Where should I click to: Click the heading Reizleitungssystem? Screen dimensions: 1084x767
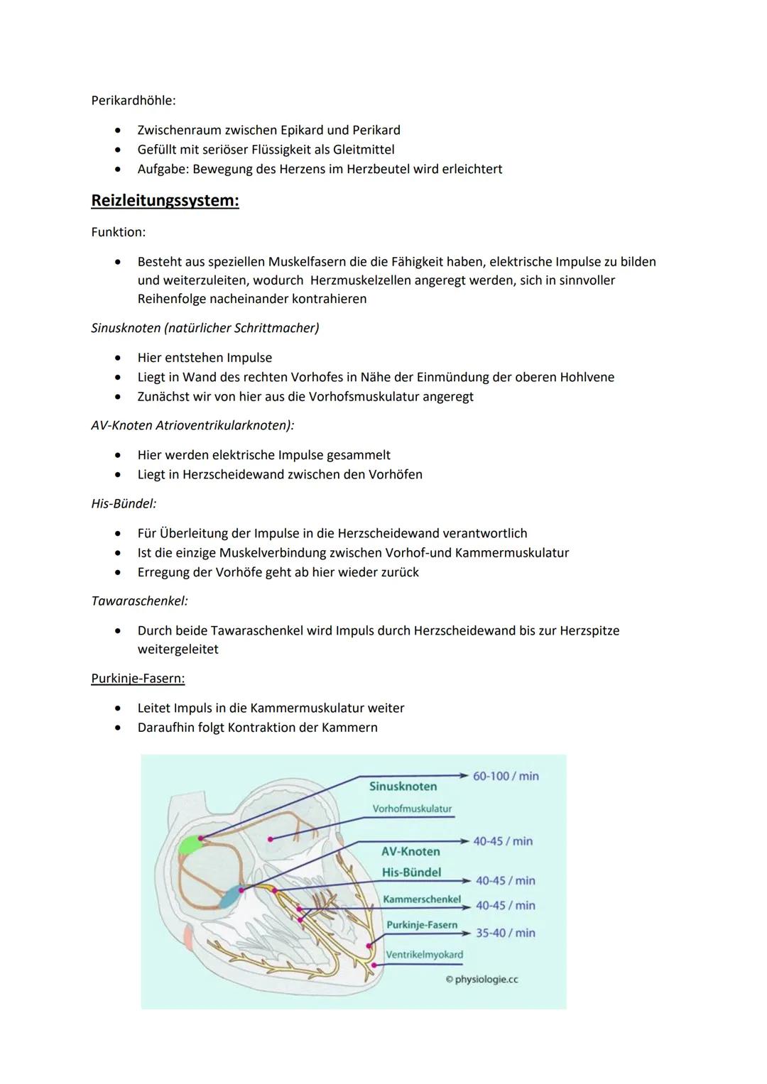(165, 201)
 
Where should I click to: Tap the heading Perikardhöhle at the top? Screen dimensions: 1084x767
(134, 101)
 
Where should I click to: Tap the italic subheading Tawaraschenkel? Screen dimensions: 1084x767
(139, 601)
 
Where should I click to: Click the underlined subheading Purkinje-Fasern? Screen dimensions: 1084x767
(138, 679)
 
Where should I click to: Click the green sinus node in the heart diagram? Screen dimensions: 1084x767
(190, 844)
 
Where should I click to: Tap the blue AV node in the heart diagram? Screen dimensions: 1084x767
(230, 898)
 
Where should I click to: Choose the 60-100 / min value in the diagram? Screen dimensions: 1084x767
(506, 776)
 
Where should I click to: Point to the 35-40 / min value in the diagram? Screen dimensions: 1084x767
(505, 933)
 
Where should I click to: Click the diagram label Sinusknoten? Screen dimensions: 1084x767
(403, 787)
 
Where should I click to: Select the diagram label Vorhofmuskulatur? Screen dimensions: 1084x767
(412, 809)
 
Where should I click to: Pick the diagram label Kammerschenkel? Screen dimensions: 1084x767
(421, 899)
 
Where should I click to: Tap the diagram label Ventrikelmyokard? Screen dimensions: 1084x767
(424, 955)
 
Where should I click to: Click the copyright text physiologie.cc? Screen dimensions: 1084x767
(486, 980)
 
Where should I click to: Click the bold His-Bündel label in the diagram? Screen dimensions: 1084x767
(411, 872)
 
